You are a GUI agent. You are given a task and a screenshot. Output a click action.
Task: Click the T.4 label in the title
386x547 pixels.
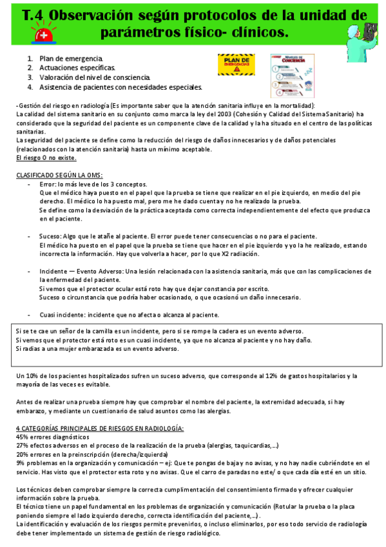[x=34, y=15]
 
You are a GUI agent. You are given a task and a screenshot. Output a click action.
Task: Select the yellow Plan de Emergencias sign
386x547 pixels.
[x=237, y=65]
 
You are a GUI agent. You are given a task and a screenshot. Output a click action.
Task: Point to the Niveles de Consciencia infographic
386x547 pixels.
[x=293, y=75]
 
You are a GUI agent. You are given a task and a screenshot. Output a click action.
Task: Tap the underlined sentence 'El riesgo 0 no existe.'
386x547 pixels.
[x=46, y=157]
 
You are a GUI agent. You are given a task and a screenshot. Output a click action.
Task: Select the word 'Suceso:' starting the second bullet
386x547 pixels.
[x=50, y=236]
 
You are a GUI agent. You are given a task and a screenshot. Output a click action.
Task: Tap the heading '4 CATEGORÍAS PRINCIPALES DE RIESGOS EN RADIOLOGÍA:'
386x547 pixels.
[x=100, y=428]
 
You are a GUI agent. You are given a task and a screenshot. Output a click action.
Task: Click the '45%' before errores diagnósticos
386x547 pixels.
[x=23, y=437]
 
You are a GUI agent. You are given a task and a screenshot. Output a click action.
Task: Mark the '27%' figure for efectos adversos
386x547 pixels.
[x=23, y=445]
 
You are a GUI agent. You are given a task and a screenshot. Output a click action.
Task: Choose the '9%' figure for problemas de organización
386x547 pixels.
[x=21, y=462]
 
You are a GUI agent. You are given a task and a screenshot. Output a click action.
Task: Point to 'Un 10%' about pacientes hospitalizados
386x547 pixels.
[x=29, y=375]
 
